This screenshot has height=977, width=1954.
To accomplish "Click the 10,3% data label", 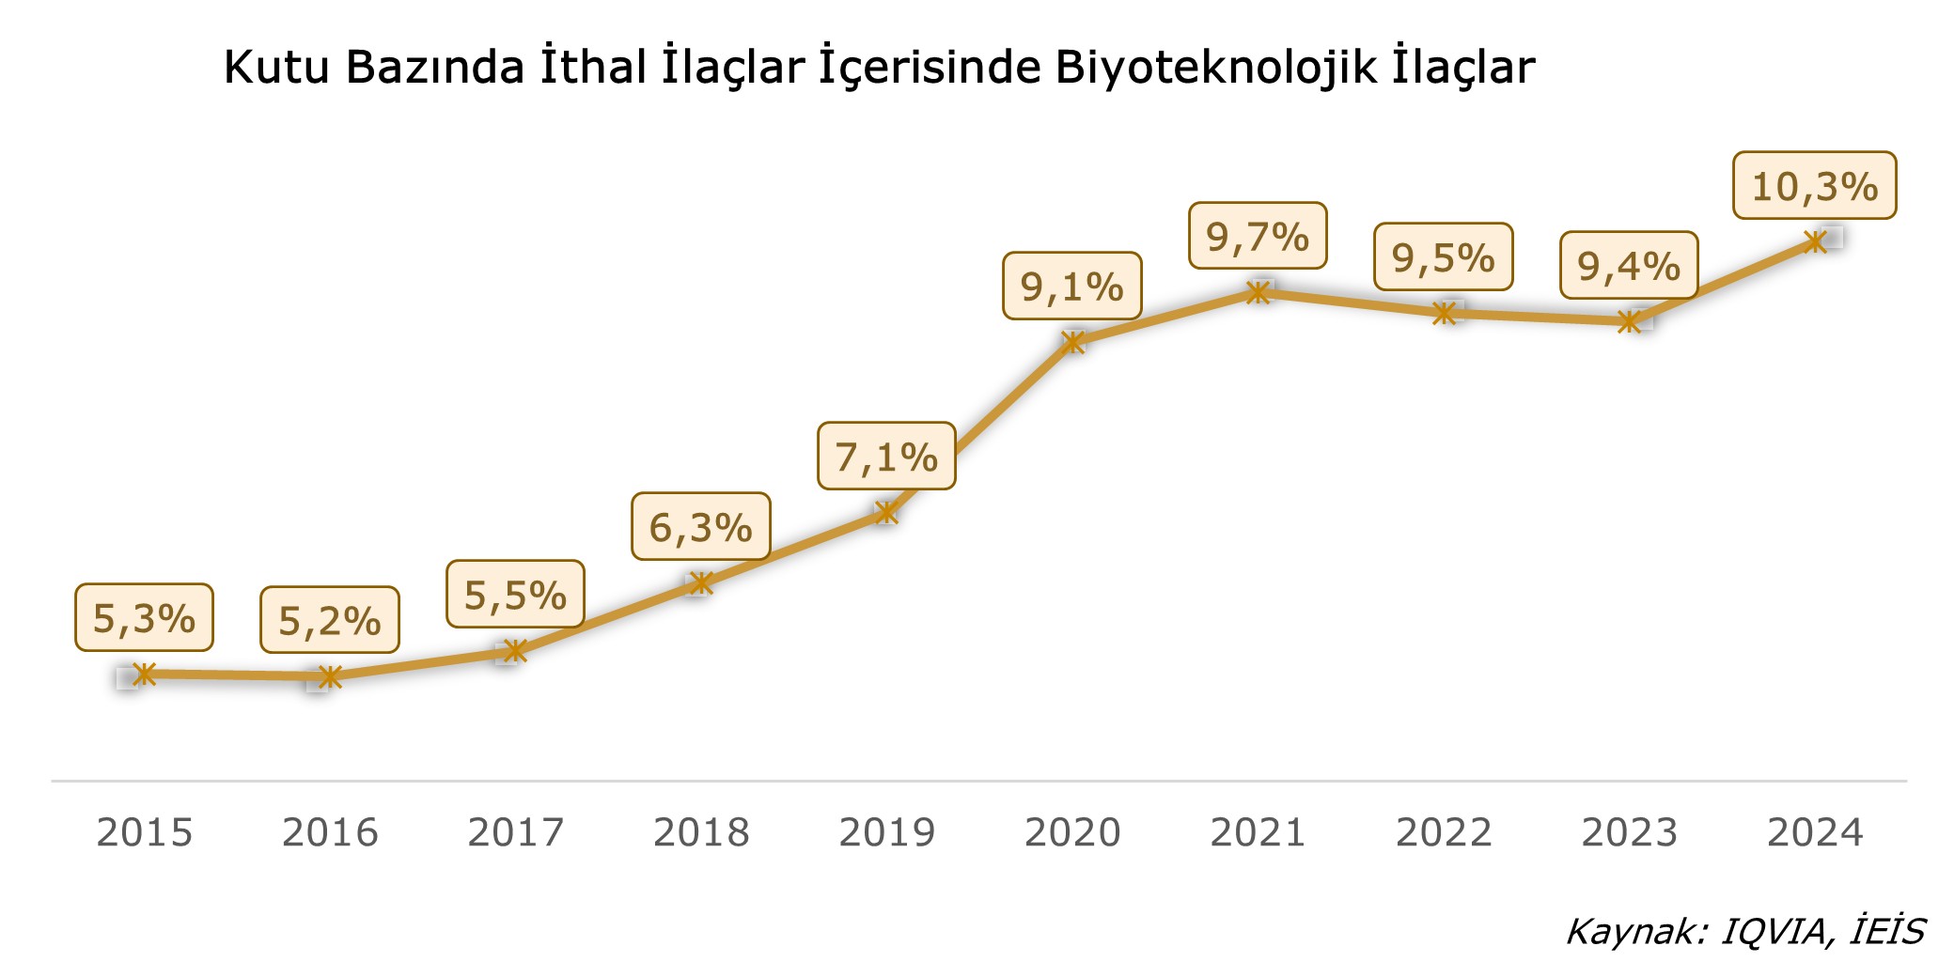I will pos(1814,186).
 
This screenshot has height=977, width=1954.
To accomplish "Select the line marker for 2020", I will pos(1072,341).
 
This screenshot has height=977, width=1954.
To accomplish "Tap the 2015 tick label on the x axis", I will pos(145,832).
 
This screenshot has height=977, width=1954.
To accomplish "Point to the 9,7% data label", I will pos(1258,237).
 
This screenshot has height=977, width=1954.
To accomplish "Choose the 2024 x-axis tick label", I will pos(1815,832).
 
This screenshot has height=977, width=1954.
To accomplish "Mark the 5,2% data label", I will pos(330,620).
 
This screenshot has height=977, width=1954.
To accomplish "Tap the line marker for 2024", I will pos(1816,241).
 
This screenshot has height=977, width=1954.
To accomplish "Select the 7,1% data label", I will pos(886,457).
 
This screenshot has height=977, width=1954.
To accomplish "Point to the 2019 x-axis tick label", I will pos(886,832).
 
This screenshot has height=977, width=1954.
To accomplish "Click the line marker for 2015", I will pos(145,674).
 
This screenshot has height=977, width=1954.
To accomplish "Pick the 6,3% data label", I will pos(700,527).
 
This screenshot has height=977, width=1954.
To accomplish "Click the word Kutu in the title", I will pos(276,68).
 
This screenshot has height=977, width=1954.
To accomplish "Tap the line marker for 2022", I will pos(1444,313).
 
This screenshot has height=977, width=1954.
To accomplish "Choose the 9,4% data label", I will pos(1629,266).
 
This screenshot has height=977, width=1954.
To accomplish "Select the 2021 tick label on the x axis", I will pos(1258,832).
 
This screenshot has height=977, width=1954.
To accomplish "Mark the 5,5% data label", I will pos(515,595).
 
